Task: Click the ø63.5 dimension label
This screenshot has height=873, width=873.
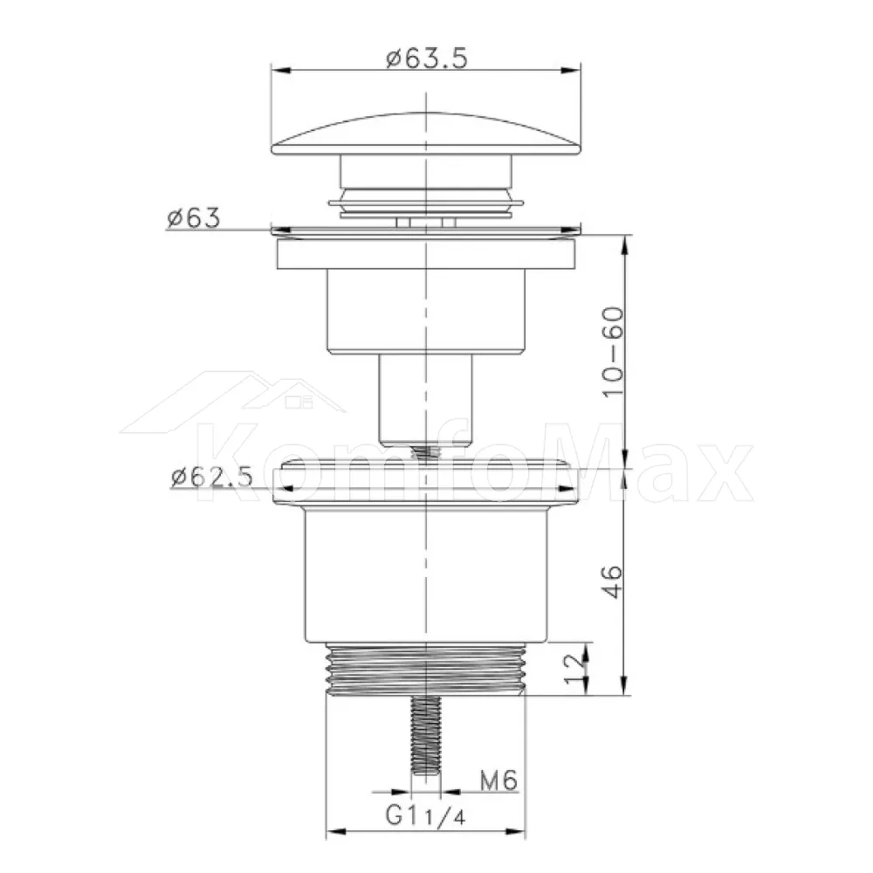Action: click(427, 58)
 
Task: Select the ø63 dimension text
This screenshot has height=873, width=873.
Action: click(193, 217)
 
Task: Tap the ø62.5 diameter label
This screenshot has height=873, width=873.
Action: click(211, 477)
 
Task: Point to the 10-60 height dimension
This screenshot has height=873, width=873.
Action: click(613, 351)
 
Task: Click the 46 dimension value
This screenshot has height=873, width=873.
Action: click(612, 581)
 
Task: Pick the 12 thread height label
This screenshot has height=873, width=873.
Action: click(575, 669)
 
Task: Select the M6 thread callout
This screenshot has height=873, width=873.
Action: click(498, 780)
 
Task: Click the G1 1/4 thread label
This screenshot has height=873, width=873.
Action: click(425, 815)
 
